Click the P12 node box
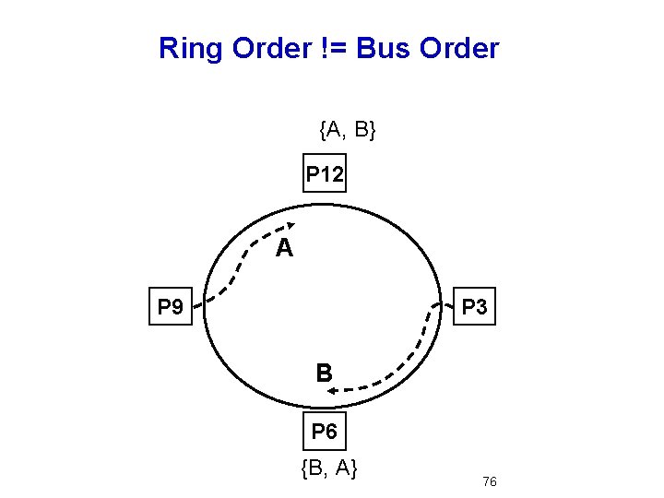(325, 172)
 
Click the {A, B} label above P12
(347, 130)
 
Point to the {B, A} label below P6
(329, 469)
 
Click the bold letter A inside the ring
(285, 248)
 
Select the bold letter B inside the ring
(324, 373)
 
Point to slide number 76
(490, 482)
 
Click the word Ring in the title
(190, 48)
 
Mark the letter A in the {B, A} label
(344, 469)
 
